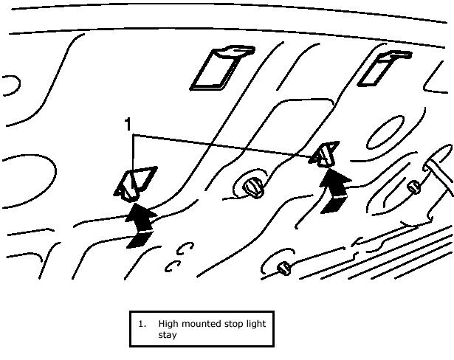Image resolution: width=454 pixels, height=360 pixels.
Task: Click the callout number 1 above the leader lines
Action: click(128, 124)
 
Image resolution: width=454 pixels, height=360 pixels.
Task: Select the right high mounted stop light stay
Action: click(325, 156)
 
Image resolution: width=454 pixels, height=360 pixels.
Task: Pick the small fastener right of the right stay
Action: click(415, 185)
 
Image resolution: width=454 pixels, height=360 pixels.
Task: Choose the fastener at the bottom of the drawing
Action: click(284, 269)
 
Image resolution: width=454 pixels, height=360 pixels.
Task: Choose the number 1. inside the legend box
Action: click(142, 324)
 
